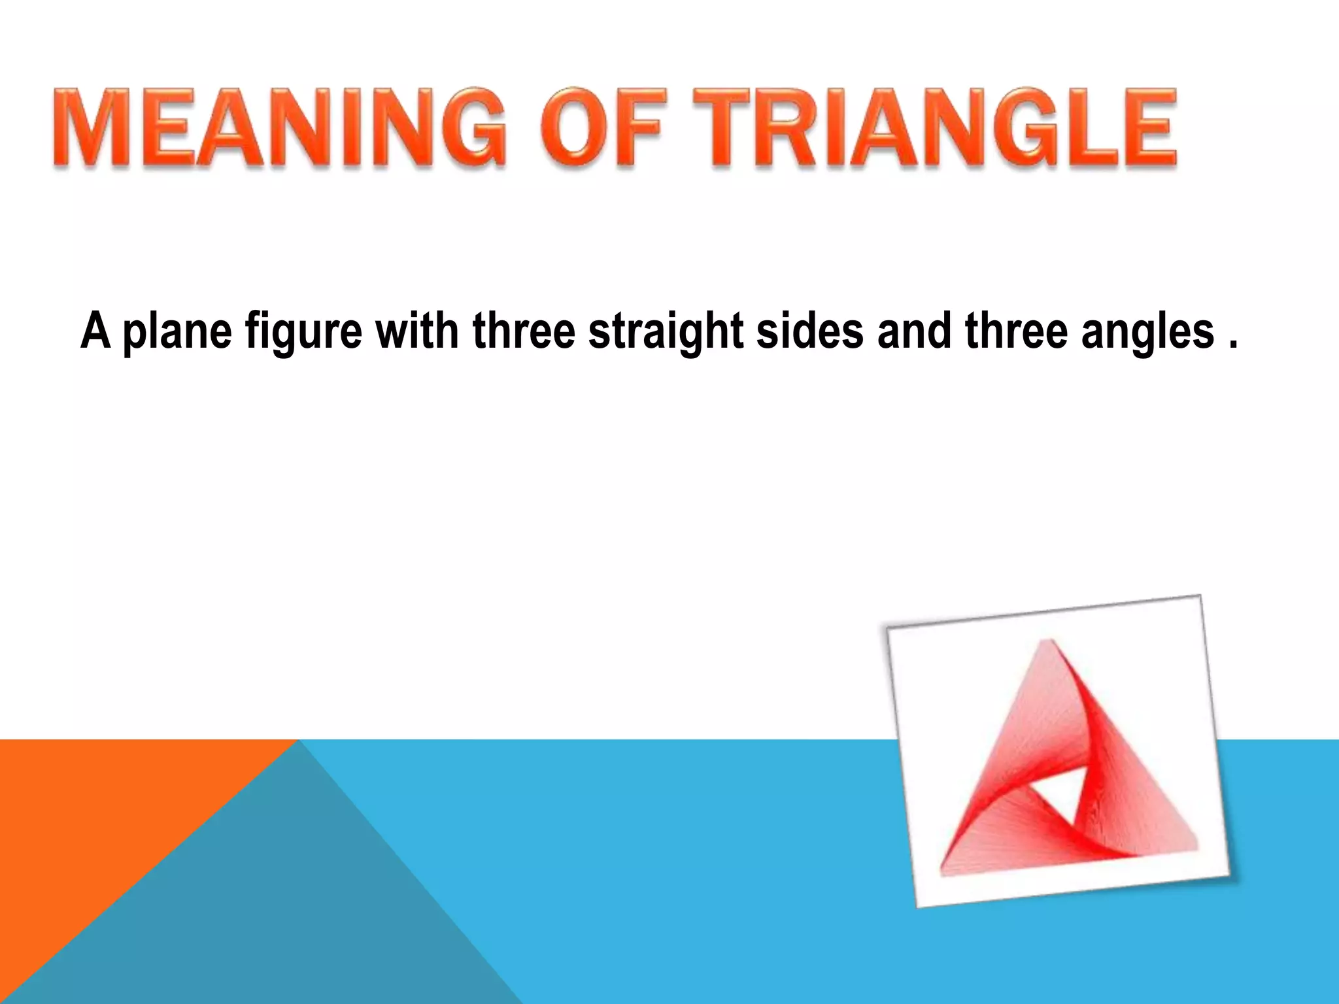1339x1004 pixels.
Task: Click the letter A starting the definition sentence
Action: click(x=95, y=331)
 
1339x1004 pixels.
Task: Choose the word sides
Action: click(x=810, y=331)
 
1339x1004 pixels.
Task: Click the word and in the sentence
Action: click(x=914, y=331)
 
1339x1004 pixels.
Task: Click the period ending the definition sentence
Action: click(x=1233, y=345)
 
